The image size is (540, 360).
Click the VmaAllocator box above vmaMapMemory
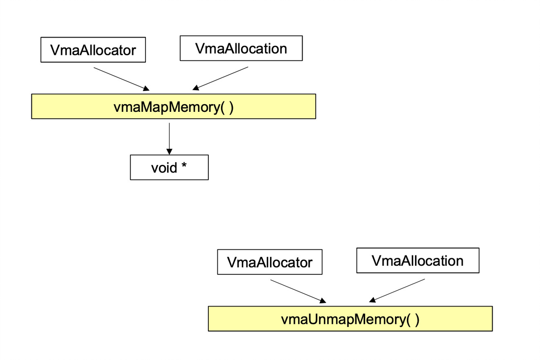93,50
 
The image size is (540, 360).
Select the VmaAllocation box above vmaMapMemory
241,48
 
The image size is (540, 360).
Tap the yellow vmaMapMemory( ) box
173,106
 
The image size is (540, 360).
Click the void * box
169,168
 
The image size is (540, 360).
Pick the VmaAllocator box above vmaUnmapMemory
270,262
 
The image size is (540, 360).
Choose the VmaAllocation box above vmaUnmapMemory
417,260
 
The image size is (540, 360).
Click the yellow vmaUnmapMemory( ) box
350,319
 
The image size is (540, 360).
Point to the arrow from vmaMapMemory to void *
169,138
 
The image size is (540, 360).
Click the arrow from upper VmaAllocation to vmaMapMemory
221,78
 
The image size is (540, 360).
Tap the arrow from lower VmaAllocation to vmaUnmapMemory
397,290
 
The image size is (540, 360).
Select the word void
164,168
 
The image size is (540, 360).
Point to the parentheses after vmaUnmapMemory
413,319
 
